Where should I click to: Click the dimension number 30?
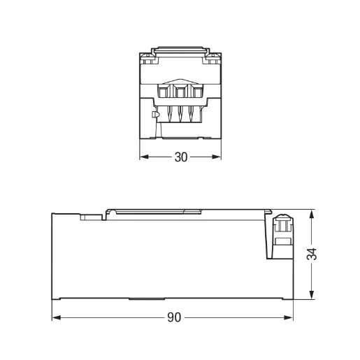pos(180,157)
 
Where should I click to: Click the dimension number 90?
pos(173,317)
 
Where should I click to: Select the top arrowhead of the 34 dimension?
pos(312,213)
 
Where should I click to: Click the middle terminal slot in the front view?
pos(180,92)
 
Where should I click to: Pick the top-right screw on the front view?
pos(213,57)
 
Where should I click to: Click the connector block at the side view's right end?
pos(282,233)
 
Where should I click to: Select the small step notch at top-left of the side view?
pos(89,217)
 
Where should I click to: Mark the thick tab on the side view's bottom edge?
pos(143,298)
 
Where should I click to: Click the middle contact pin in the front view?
pos(180,113)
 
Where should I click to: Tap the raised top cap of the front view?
pos(180,51)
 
